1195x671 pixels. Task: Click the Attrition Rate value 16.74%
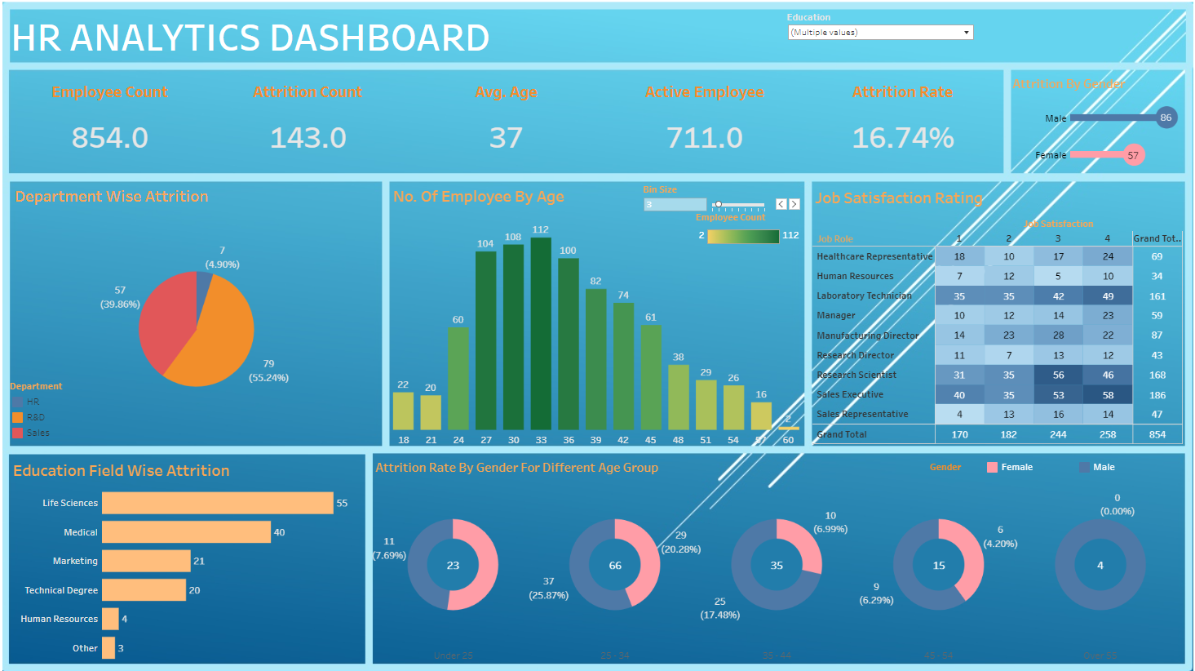pyautogui.click(x=902, y=138)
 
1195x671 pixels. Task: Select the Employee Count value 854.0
pyautogui.click(x=110, y=138)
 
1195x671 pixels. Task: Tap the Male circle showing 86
pyautogui.click(x=1166, y=118)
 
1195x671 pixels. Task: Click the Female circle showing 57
pyautogui.click(x=1133, y=155)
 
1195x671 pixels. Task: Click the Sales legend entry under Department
pyautogui.click(x=38, y=433)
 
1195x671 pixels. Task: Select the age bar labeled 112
pyautogui.click(x=541, y=335)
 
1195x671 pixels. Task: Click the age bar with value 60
pyautogui.click(x=458, y=380)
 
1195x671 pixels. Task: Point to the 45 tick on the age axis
pyautogui.click(x=650, y=440)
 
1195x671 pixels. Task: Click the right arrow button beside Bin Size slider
pyautogui.click(x=794, y=204)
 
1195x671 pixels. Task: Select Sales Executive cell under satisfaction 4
pyautogui.click(x=1108, y=395)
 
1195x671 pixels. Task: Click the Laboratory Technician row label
pyautogui.click(x=864, y=296)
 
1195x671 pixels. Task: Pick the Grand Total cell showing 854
pyautogui.click(x=1157, y=434)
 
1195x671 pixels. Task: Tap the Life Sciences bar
pyautogui.click(x=218, y=503)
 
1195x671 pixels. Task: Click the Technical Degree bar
pyautogui.click(x=144, y=590)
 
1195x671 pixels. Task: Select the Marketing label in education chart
pyautogui.click(x=75, y=561)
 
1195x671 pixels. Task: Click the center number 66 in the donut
pyautogui.click(x=615, y=565)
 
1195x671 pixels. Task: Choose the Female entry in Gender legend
pyautogui.click(x=1016, y=467)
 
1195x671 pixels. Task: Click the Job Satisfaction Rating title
pyautogui.click(x=899, y=198)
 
